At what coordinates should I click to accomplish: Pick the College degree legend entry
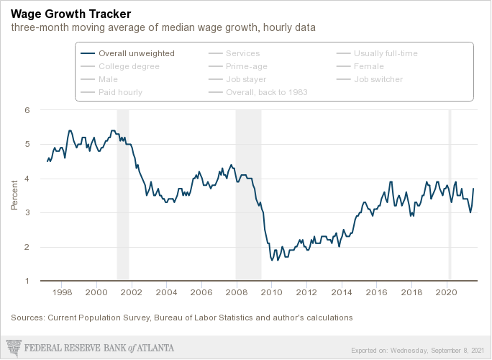tap(129, 66)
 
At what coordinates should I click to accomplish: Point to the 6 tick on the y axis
tap(27, 110)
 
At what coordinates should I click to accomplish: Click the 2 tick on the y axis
tap(27, 247)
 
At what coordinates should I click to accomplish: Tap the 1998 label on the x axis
tap(62, 292)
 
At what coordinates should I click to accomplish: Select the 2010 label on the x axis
tap(271, 292)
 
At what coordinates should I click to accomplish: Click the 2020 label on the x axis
tap(447, 292)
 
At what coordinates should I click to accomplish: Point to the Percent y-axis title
tap(14, 195)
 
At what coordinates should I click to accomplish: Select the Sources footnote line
tap(181, 318)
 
